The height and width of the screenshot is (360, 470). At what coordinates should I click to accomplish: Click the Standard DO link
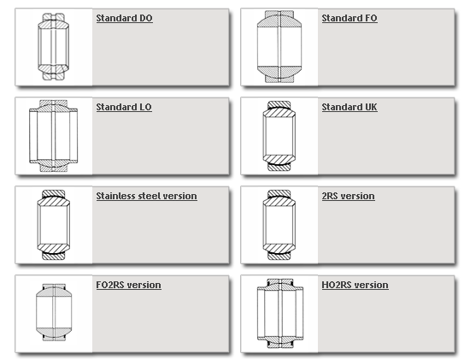click(125, 18)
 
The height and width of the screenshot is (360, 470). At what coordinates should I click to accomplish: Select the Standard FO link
click(350, 18)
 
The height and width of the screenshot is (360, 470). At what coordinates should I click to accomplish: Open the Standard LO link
click(124, 107)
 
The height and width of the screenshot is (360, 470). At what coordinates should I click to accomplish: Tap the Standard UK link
click(350, 107)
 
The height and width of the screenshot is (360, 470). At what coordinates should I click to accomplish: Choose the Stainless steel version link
click(147, 196)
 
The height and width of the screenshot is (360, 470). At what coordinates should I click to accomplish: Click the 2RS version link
click(349, 196)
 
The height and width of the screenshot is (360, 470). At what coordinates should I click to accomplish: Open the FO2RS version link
click(128, 285)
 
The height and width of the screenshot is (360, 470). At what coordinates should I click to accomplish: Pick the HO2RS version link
click(355, 285)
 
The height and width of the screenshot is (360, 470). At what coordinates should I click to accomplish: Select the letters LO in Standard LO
click(145, 107)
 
